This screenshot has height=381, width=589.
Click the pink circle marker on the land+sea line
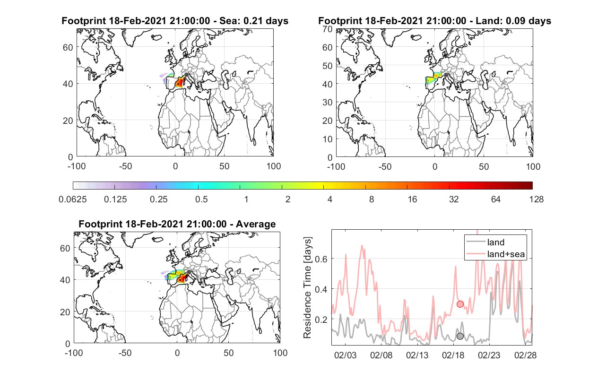click(460, 304)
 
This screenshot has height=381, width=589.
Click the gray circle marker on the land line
click(460, 336)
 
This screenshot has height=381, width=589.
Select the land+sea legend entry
click(495, 254)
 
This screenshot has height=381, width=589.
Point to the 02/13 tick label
click(417, 355)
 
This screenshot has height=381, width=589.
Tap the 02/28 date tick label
click(525, 355)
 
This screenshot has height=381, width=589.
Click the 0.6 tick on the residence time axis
click(321, 259)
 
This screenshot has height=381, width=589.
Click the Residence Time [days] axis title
click(307, 288)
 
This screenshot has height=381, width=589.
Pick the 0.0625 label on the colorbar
click(73, 199)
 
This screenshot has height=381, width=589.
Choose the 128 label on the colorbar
click(536, 199)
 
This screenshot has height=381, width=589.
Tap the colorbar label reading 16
click(412, 199)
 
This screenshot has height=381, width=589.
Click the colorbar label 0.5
click(201, 199)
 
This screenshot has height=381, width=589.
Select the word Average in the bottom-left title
click(256, 224)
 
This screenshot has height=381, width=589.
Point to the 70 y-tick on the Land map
click(328, 29)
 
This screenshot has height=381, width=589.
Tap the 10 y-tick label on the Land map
click(328, 139)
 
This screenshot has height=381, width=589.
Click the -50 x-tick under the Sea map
click(125, 166)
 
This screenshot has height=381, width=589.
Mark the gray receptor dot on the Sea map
click(186, 75)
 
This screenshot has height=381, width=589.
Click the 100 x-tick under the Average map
click(280, 353)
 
